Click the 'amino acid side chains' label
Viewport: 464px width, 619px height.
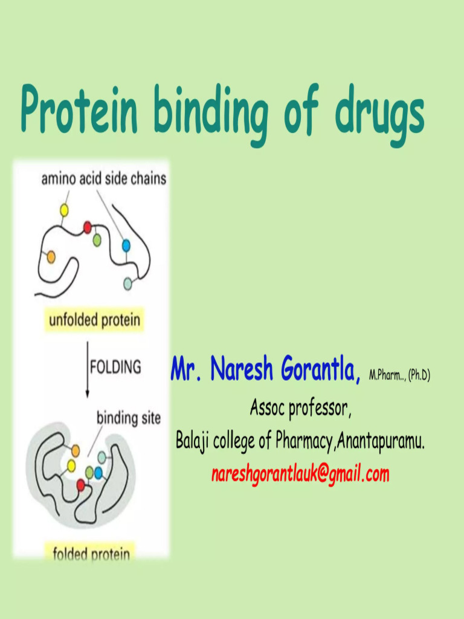pyautogui.click(x=103, y=179)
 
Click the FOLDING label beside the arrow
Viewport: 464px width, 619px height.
pyautogui.click(x=116, y=366)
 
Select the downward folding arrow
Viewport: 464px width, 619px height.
pyautogui.click(x=88, y=369)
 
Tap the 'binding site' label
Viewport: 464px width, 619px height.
pyautogui.click(x=129, y=417)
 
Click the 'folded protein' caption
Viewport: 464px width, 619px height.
pyautogui.click(x=91, y=553)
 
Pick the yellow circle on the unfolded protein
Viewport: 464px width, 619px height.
pyautogui.click(x=63, y=210)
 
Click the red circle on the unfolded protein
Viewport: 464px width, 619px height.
pyautogui.click(x=87, y=227)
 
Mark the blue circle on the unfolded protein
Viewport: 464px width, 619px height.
pyautogui.click(x=126, y=245)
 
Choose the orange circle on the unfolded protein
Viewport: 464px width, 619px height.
pyautogui.click(x=51, y=257)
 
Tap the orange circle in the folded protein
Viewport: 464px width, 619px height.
pyautogui.click(x=76, y=450)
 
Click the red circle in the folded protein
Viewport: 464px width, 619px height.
pyautogui.click(x=81, y=485)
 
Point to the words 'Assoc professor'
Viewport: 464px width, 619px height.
pyautogui.click(x=300, y=409)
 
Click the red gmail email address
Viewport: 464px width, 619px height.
pyautogui.click(x=300, y=475)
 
